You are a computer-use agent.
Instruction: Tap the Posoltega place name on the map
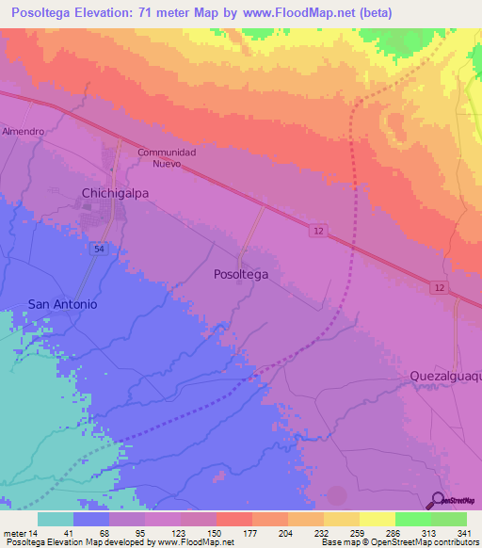click(241, 274)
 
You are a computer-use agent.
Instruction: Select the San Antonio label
click(62, 304)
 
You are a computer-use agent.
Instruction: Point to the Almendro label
click(24, 132)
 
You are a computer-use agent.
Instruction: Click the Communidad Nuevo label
click(166, 157)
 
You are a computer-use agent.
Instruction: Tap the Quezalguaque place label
click(444, 376)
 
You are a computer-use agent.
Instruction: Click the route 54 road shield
click(98, 248)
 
